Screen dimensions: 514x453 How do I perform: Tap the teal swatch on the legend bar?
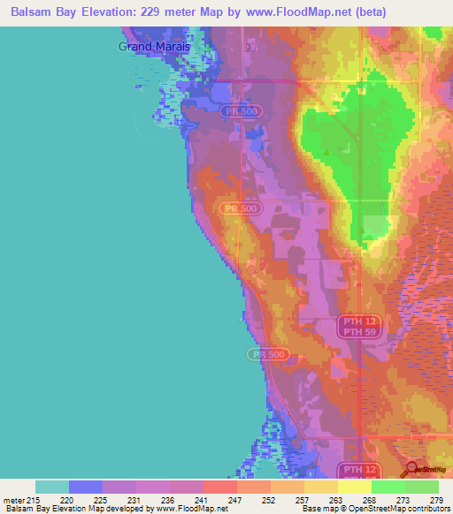tap(52, 487)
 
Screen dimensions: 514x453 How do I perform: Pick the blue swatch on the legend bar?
tap(86, 487)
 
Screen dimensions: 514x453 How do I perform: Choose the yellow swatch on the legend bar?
tap(354, 487)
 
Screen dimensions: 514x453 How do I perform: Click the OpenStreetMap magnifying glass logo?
tap(411, 470)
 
